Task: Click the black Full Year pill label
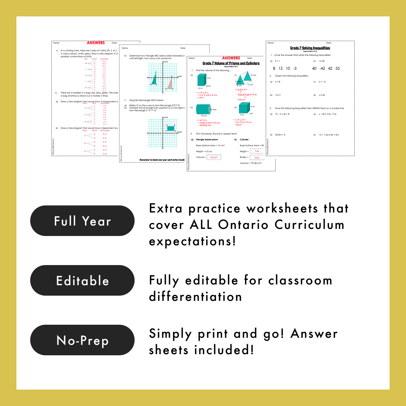[82, 221]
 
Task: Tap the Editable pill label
[82, 280]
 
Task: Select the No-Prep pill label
[82, 340]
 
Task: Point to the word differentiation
[195, 297]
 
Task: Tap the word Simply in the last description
[170, 334]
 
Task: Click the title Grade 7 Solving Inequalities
[310, 48]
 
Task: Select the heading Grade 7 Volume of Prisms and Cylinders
[231, 63]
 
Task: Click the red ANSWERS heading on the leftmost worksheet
[96, 43]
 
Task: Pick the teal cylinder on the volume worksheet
[204, 109]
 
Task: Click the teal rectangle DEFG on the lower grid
[170, 128]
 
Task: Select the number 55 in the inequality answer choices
[337, 68]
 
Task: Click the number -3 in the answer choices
[295, 68]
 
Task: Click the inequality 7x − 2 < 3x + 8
[282, 114]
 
